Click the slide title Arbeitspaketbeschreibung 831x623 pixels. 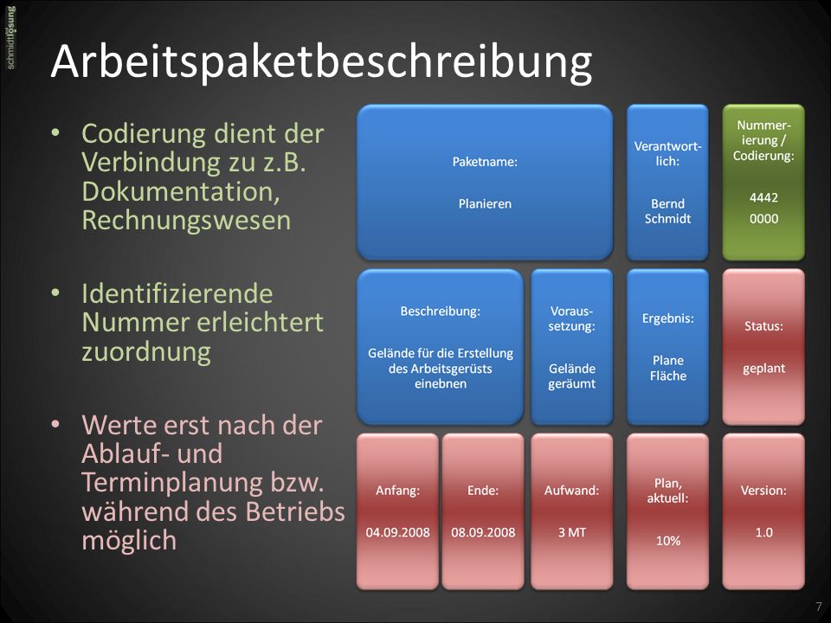(x=321, y=62)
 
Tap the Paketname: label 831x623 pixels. (x=485, y=162)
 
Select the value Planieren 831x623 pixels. (x=485, y=204)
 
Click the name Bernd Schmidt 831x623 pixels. (x=667, y=211)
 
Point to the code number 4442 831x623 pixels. (x=763, y=197)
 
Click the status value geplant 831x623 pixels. (x=763, y=369)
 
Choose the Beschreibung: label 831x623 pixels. (x=441, y=311)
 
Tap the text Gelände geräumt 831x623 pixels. (x=572, y=376)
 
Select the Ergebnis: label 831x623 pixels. (x=667, y=318)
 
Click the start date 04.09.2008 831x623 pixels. (x=398, y=532)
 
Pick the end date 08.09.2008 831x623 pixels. (x=483, y=532)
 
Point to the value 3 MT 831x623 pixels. (x=572, y=532)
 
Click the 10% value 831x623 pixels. (x=667, y=541)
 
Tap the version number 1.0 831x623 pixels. (x=763, y=532)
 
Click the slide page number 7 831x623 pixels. (x=819, y=607)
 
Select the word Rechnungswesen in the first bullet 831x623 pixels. (x=187, y=221)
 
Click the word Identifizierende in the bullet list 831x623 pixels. (x=177, y=293)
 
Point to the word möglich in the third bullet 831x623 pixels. (x=129, y=541)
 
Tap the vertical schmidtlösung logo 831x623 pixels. (x=10, y=37)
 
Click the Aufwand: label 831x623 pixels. (x=572, y=491)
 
